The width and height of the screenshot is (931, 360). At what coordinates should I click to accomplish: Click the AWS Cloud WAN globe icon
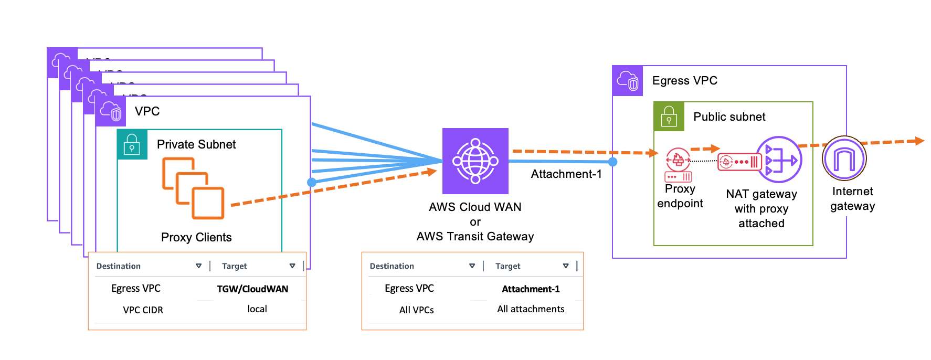click(x=475, y=161)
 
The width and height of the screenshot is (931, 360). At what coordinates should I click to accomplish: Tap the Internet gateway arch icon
click(x=844, y=158)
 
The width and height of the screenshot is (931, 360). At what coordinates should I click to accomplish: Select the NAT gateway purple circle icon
click(x=779, y=159)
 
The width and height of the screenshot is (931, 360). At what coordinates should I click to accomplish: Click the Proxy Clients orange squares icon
click(x=193, y=188)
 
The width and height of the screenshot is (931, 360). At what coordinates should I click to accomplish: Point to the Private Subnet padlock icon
click(x=132, y=144)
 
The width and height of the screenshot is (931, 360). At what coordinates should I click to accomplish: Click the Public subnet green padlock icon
click(x=669, y=117)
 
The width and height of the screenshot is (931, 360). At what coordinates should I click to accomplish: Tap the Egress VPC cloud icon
click(x=628, y=81)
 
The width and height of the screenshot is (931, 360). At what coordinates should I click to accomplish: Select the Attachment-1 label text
click(x=566, y=174)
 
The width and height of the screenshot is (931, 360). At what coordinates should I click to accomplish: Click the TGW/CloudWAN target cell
click(x=252, y=289)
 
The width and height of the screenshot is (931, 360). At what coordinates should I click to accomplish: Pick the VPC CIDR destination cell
click(x=143, y=310)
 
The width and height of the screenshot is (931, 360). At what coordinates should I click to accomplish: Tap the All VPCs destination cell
click(x=416, y=310)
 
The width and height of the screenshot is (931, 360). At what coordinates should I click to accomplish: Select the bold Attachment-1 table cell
click(x=531, y=289)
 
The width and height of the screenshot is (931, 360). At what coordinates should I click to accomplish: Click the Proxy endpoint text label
click(x=680, y=196)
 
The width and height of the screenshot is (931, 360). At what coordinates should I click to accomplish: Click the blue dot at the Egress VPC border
click(x=612, y=162)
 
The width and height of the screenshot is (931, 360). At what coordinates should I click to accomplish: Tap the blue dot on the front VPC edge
click(x=312, y=182)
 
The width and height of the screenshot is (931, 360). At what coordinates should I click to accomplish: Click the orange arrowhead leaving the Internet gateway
click(x=919, y=141)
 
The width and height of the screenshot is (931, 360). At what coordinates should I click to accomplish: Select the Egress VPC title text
click(x=684, y=81)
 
